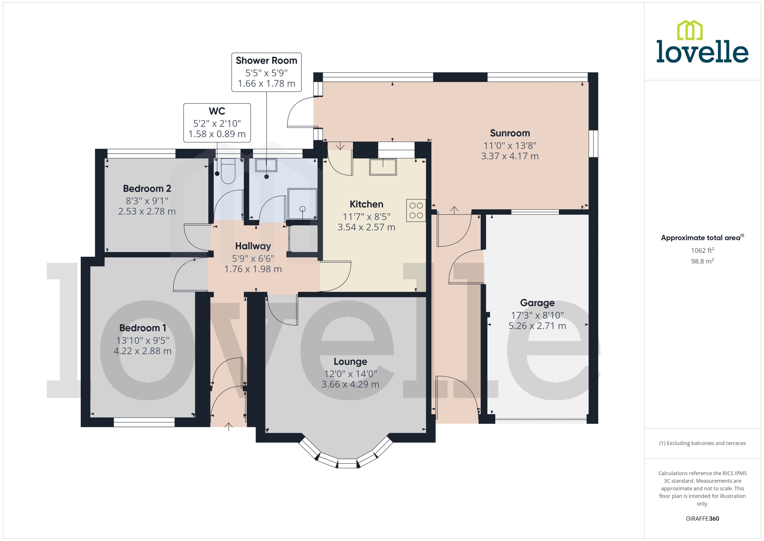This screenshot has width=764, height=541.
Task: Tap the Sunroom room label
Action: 510,133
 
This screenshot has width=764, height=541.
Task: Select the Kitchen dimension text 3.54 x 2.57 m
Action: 366,227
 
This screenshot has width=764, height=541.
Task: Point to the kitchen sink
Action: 383,167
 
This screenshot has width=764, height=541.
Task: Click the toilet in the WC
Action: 228,171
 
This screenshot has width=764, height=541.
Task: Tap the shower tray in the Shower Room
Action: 302,204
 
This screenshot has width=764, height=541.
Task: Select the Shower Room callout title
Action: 266,61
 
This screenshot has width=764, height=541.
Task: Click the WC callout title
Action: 217,111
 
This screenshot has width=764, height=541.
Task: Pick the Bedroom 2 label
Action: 147,188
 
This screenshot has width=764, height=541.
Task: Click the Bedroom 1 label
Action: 143,328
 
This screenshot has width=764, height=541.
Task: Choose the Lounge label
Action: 350,361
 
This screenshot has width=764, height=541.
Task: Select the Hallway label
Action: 253,246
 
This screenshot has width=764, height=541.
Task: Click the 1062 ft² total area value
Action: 702,250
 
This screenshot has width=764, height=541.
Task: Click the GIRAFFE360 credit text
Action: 702,519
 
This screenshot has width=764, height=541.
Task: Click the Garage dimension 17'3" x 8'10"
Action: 537,315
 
